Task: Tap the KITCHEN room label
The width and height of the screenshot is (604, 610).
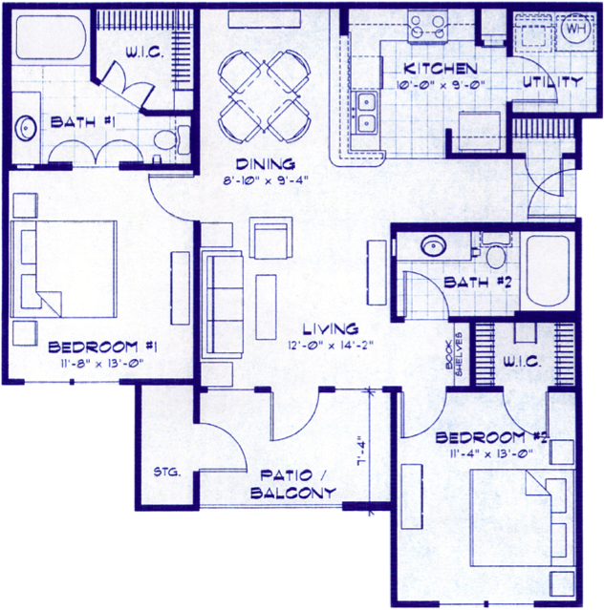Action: click(x=440, y=70)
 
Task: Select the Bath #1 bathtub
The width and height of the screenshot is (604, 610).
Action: click(x=51, y=38)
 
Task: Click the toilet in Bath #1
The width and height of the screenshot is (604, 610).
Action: click(x=172, y=139)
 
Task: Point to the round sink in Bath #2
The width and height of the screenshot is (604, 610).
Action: click(x=434, y=246)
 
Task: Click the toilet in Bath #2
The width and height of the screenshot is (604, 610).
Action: click(x=496, y=250)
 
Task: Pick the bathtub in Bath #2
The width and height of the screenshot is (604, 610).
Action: click(x=548, y=270)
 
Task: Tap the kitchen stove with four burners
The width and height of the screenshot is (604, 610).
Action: click(x=427, y=26)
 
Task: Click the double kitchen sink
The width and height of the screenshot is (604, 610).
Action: click(x=366, y=114)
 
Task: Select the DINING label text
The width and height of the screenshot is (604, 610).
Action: click(x=265, y=164)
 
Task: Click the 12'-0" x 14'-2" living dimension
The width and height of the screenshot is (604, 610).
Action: click(x=331, y=345)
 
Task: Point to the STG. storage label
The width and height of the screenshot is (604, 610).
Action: click(x=167, y=473)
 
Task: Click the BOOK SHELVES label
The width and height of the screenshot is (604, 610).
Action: click(x=454, y=354)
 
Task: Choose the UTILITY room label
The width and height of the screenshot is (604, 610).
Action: click(x=552, y=82)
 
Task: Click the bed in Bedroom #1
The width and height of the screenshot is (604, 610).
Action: click(x=64, y=269)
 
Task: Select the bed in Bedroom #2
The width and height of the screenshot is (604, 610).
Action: click(x=523, y=517)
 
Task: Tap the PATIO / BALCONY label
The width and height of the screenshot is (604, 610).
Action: click(x=292, y=484)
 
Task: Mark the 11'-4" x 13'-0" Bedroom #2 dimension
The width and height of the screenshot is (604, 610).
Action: click(x=491, y=454)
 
